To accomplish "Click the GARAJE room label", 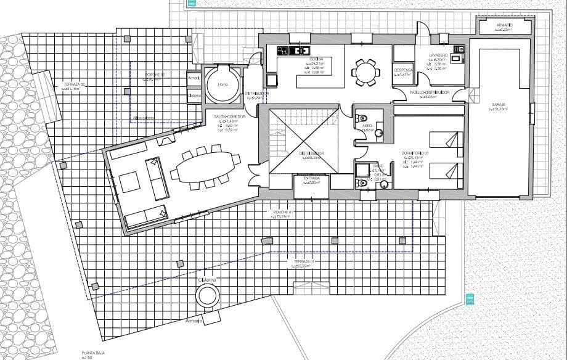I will (x=499, y=105).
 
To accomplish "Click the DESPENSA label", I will (x=404, y=70).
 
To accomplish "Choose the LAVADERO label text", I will (x=440, y=55).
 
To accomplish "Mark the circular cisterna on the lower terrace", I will (x=207, y=296).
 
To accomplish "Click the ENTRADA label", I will (x=311, y=178).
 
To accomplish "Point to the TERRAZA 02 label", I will (x=73, y=84).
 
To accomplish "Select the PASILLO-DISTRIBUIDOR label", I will (x=430, y=92).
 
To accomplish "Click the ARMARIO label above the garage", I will (x=505, y=25).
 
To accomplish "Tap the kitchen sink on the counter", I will (x=303, y=50).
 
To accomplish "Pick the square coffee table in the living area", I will (x=130, y=182).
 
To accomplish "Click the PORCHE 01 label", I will (x=281, y=213).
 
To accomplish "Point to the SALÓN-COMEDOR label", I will (x=229, y=117).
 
